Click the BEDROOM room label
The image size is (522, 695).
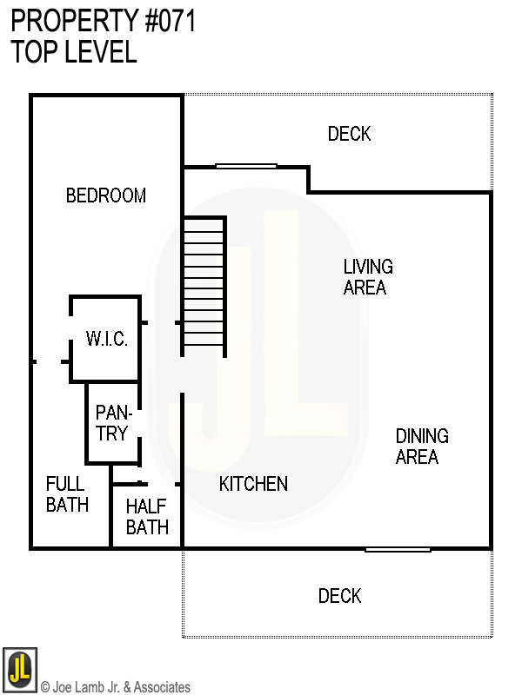pos(106,195)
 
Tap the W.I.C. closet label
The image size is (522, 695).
pos(106,339)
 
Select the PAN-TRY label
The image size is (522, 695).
pos(111,422)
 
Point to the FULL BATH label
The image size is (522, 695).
pos(67,493)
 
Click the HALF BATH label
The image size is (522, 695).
pos(147,516)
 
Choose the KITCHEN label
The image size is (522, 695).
pos(253,484)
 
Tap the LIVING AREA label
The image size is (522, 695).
pos(367,276)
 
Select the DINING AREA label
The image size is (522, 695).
pos(422,446)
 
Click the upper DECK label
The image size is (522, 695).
pos(349,134)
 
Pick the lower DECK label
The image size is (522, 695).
pos(339,596)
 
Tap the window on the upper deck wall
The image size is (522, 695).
pos(246,166)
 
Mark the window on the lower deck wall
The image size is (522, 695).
pos(397,549)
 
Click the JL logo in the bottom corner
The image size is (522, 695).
pos(19,669)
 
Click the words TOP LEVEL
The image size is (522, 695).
pos(74,51)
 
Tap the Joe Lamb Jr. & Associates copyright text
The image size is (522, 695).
pos(116,687)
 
